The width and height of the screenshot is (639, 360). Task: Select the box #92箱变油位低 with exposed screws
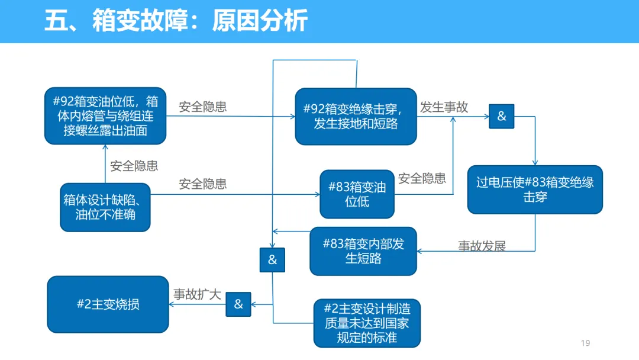tap(105, 116)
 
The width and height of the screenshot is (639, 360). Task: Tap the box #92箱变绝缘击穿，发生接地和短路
tap(356, 116)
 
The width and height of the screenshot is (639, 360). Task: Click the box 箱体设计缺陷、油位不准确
tap(105, 207)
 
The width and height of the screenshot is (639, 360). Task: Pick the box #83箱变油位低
tap(357, 194)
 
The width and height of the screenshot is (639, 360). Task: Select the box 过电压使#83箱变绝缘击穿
tap(535, 189)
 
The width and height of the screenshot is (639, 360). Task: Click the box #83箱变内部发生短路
tap(363, 251)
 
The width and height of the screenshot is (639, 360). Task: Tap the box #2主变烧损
tap(108, 304)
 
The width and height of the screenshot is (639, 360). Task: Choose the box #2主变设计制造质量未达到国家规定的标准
tap(367, 323)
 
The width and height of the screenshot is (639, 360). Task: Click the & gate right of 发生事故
tap(501, 116)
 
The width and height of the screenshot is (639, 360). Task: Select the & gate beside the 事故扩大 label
tap(238, 304)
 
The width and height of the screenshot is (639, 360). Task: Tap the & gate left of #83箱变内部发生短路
tap(272, 260)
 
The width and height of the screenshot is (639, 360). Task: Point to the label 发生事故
tap(444, 107)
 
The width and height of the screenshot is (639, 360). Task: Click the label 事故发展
tap(482, 246)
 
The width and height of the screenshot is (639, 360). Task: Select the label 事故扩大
tap(197, 294)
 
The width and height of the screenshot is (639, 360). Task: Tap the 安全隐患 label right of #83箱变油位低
tap(422, 178)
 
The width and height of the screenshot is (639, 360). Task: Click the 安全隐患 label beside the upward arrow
tap(134, 166)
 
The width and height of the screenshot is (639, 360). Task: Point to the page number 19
tap(586, 343)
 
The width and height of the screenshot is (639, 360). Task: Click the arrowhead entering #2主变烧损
tap(172, 304)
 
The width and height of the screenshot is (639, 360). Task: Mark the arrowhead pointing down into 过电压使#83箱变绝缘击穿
tap(535, 163)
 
